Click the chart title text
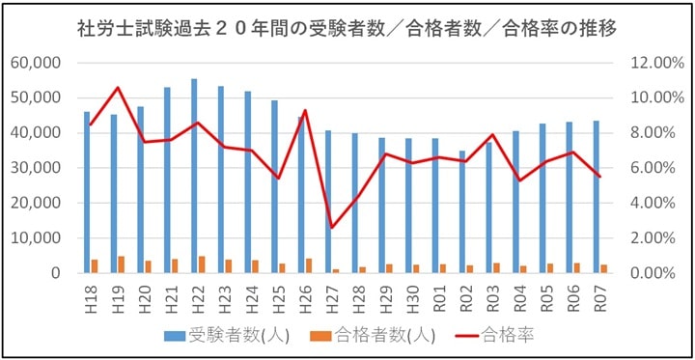click(347, 28)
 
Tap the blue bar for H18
click(87, 192)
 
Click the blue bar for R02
click(461, 211)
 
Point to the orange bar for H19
click(122, 264)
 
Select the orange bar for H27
click(336, 270)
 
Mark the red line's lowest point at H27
click(332, 228)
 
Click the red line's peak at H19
click(118, 88)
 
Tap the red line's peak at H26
click(305, 110)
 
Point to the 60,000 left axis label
click(35, 63)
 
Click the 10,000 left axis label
click(35, 238)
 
